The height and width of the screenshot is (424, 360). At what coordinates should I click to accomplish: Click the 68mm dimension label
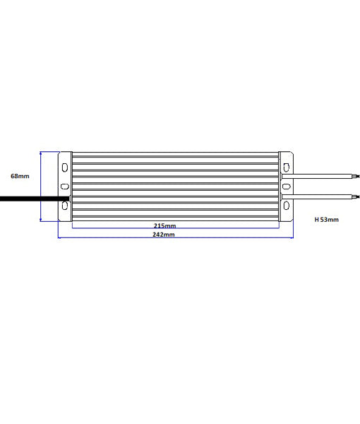coord(20,175)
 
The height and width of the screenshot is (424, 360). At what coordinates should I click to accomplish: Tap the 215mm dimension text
coord(164,226)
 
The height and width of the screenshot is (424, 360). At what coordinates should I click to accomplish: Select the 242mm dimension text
coord(164,234)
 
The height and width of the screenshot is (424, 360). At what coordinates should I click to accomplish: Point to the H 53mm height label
coord(326,220)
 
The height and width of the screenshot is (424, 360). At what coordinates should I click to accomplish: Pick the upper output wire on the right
coord(325,175)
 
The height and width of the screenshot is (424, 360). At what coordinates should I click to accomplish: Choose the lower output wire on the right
coord(325,195)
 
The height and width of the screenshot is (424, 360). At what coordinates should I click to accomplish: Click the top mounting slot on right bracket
coord(287,168)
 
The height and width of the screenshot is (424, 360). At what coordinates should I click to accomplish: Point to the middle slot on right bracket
coord(287,187)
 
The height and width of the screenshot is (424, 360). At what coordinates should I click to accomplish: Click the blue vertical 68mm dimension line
coord(41,186)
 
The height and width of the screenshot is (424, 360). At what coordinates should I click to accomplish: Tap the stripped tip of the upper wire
coord(356,175)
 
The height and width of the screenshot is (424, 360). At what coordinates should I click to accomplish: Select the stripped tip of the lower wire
coord(356,195)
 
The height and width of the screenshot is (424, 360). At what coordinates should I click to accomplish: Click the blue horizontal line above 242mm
coord(176,237)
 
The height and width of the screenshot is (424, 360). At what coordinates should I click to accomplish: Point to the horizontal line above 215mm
coord(176,221)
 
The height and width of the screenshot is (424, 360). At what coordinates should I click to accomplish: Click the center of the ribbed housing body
coord(176,186)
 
